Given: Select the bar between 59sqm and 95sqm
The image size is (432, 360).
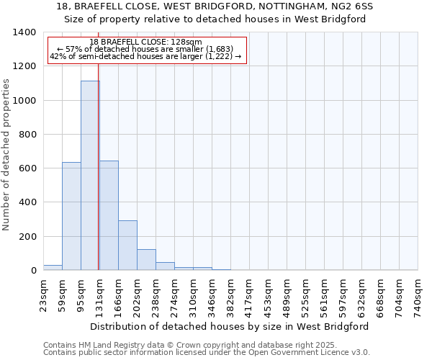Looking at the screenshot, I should pos(71,216).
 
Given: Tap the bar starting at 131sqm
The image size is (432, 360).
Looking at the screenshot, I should pos(109,215).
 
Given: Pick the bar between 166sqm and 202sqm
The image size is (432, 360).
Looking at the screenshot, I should pos(127,245).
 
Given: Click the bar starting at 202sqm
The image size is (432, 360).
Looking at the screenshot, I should pos(146,259).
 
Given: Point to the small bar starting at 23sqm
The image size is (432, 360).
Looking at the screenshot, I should pos(53,267).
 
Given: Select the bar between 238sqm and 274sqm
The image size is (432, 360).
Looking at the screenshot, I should pos(165,266).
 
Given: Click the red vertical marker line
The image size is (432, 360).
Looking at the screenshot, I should pos(98,180).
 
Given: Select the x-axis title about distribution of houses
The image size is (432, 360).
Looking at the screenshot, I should pos(230,326).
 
